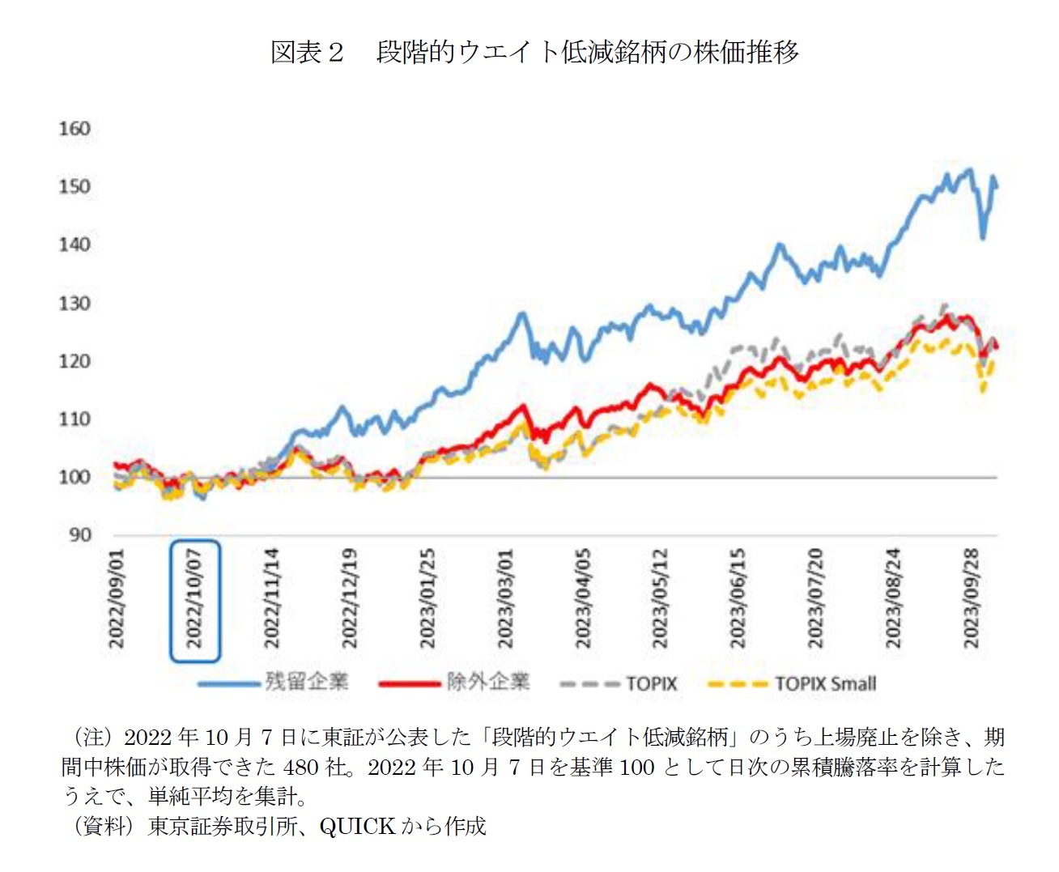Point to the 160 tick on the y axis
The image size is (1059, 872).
(74, 129)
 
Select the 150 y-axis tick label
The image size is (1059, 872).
(74, 186)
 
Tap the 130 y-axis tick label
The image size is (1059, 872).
(74, 303)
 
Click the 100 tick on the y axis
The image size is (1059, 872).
(74, 477)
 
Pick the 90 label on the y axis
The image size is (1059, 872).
(79, 534)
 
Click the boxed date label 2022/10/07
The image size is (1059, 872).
(194, 599)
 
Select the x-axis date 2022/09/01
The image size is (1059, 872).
(117, 599)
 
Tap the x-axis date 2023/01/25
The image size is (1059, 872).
(427, 599)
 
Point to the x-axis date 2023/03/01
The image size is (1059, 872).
(504, 599)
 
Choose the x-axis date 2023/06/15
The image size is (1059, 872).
(737, 599)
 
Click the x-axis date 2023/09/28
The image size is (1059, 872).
(970, 599)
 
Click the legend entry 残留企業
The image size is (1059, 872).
(306, 682)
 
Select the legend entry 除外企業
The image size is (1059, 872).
(487, 682)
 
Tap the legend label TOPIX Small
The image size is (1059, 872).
(825, 683)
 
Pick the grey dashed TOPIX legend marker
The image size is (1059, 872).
(589, 684)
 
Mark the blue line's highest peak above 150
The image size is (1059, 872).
(968, 170)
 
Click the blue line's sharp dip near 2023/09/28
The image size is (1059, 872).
(983, 237)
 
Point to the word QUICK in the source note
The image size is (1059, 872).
(356, 826)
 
